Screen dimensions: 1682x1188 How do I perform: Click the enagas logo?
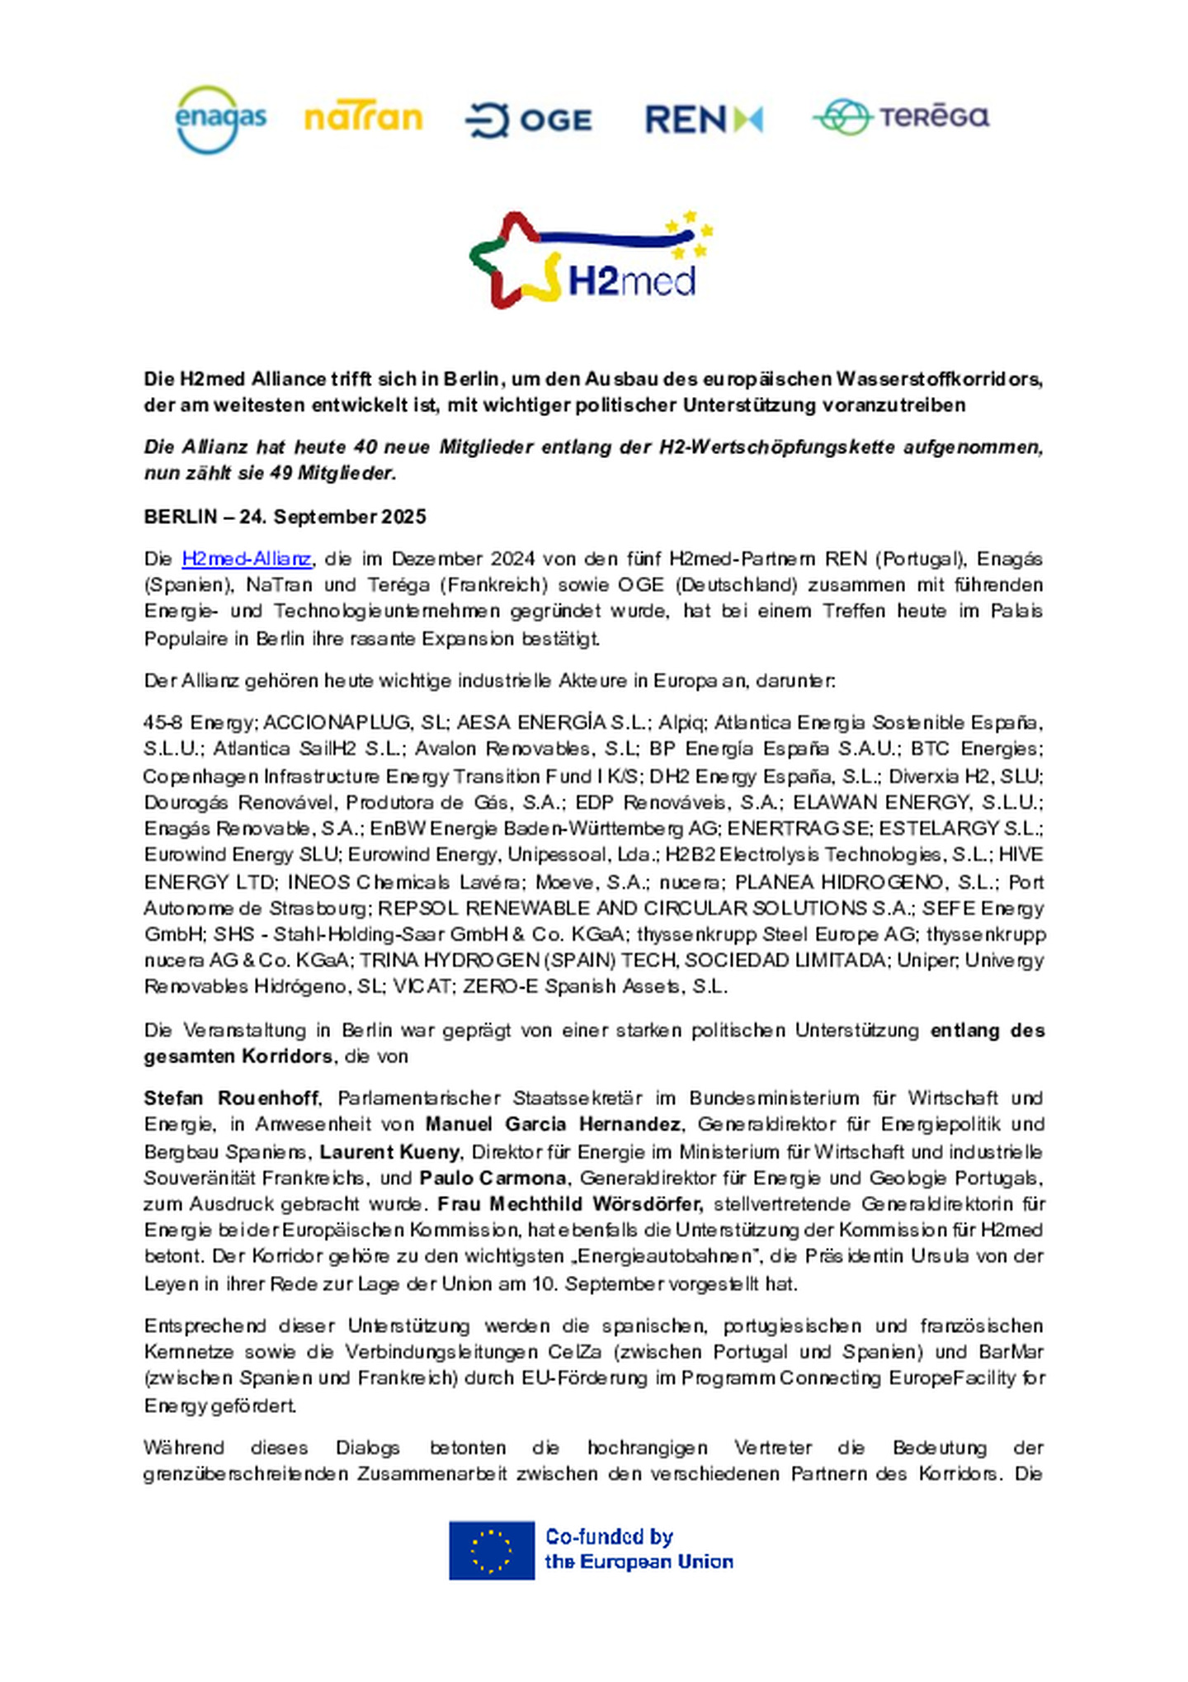220,120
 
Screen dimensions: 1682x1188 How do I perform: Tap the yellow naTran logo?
363,118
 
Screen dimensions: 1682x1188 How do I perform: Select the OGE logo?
528,120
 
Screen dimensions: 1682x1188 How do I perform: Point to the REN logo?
703,120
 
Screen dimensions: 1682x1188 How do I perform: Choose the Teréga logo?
900,116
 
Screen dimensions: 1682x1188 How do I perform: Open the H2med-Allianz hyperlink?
246,559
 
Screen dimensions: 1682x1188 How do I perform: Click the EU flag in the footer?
491,1550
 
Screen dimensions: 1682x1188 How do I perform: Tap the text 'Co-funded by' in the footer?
609,1537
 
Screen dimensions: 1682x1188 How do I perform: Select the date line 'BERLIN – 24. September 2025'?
285,517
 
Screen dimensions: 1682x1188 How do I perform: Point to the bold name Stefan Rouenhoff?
231,1098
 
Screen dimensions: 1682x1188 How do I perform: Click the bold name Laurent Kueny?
389,1151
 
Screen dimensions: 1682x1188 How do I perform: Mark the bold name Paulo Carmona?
493,1178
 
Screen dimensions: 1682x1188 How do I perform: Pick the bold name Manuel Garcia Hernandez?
553,1124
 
